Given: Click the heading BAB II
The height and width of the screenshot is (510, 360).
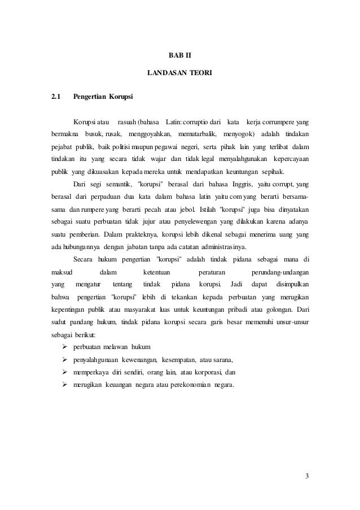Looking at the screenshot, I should [x=181, y=56].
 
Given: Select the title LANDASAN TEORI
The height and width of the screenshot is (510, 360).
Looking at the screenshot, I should [x=180, y=73].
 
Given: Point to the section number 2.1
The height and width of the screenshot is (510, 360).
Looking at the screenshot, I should [x=55, y=97].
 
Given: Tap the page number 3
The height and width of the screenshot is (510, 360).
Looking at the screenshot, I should [x=306, y=475].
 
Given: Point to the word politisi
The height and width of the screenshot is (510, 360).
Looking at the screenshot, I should [x=128, y=147].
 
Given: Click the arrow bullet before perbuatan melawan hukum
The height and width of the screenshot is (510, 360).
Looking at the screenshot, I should [x=64, y=346].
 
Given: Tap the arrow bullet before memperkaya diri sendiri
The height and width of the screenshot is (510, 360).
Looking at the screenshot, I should [x=64, y=372].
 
